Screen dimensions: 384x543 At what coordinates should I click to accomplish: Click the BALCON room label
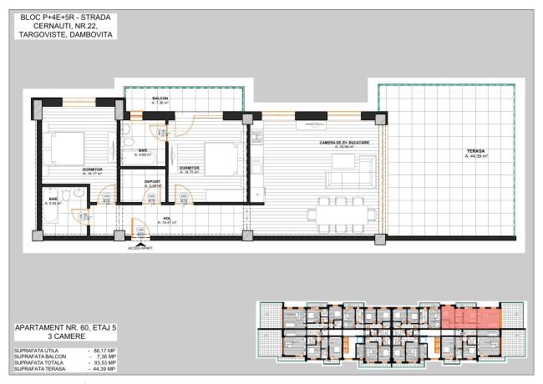click(x=160, y=99)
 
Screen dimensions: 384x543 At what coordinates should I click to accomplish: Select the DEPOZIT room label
click(x=153, y=181)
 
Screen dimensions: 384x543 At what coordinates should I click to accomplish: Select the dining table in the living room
click(x=344, y=215)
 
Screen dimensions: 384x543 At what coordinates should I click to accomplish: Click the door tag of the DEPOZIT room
click(x=151, y=198)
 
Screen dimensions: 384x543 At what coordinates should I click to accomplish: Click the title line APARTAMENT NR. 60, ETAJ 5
click(x=61, y=328)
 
